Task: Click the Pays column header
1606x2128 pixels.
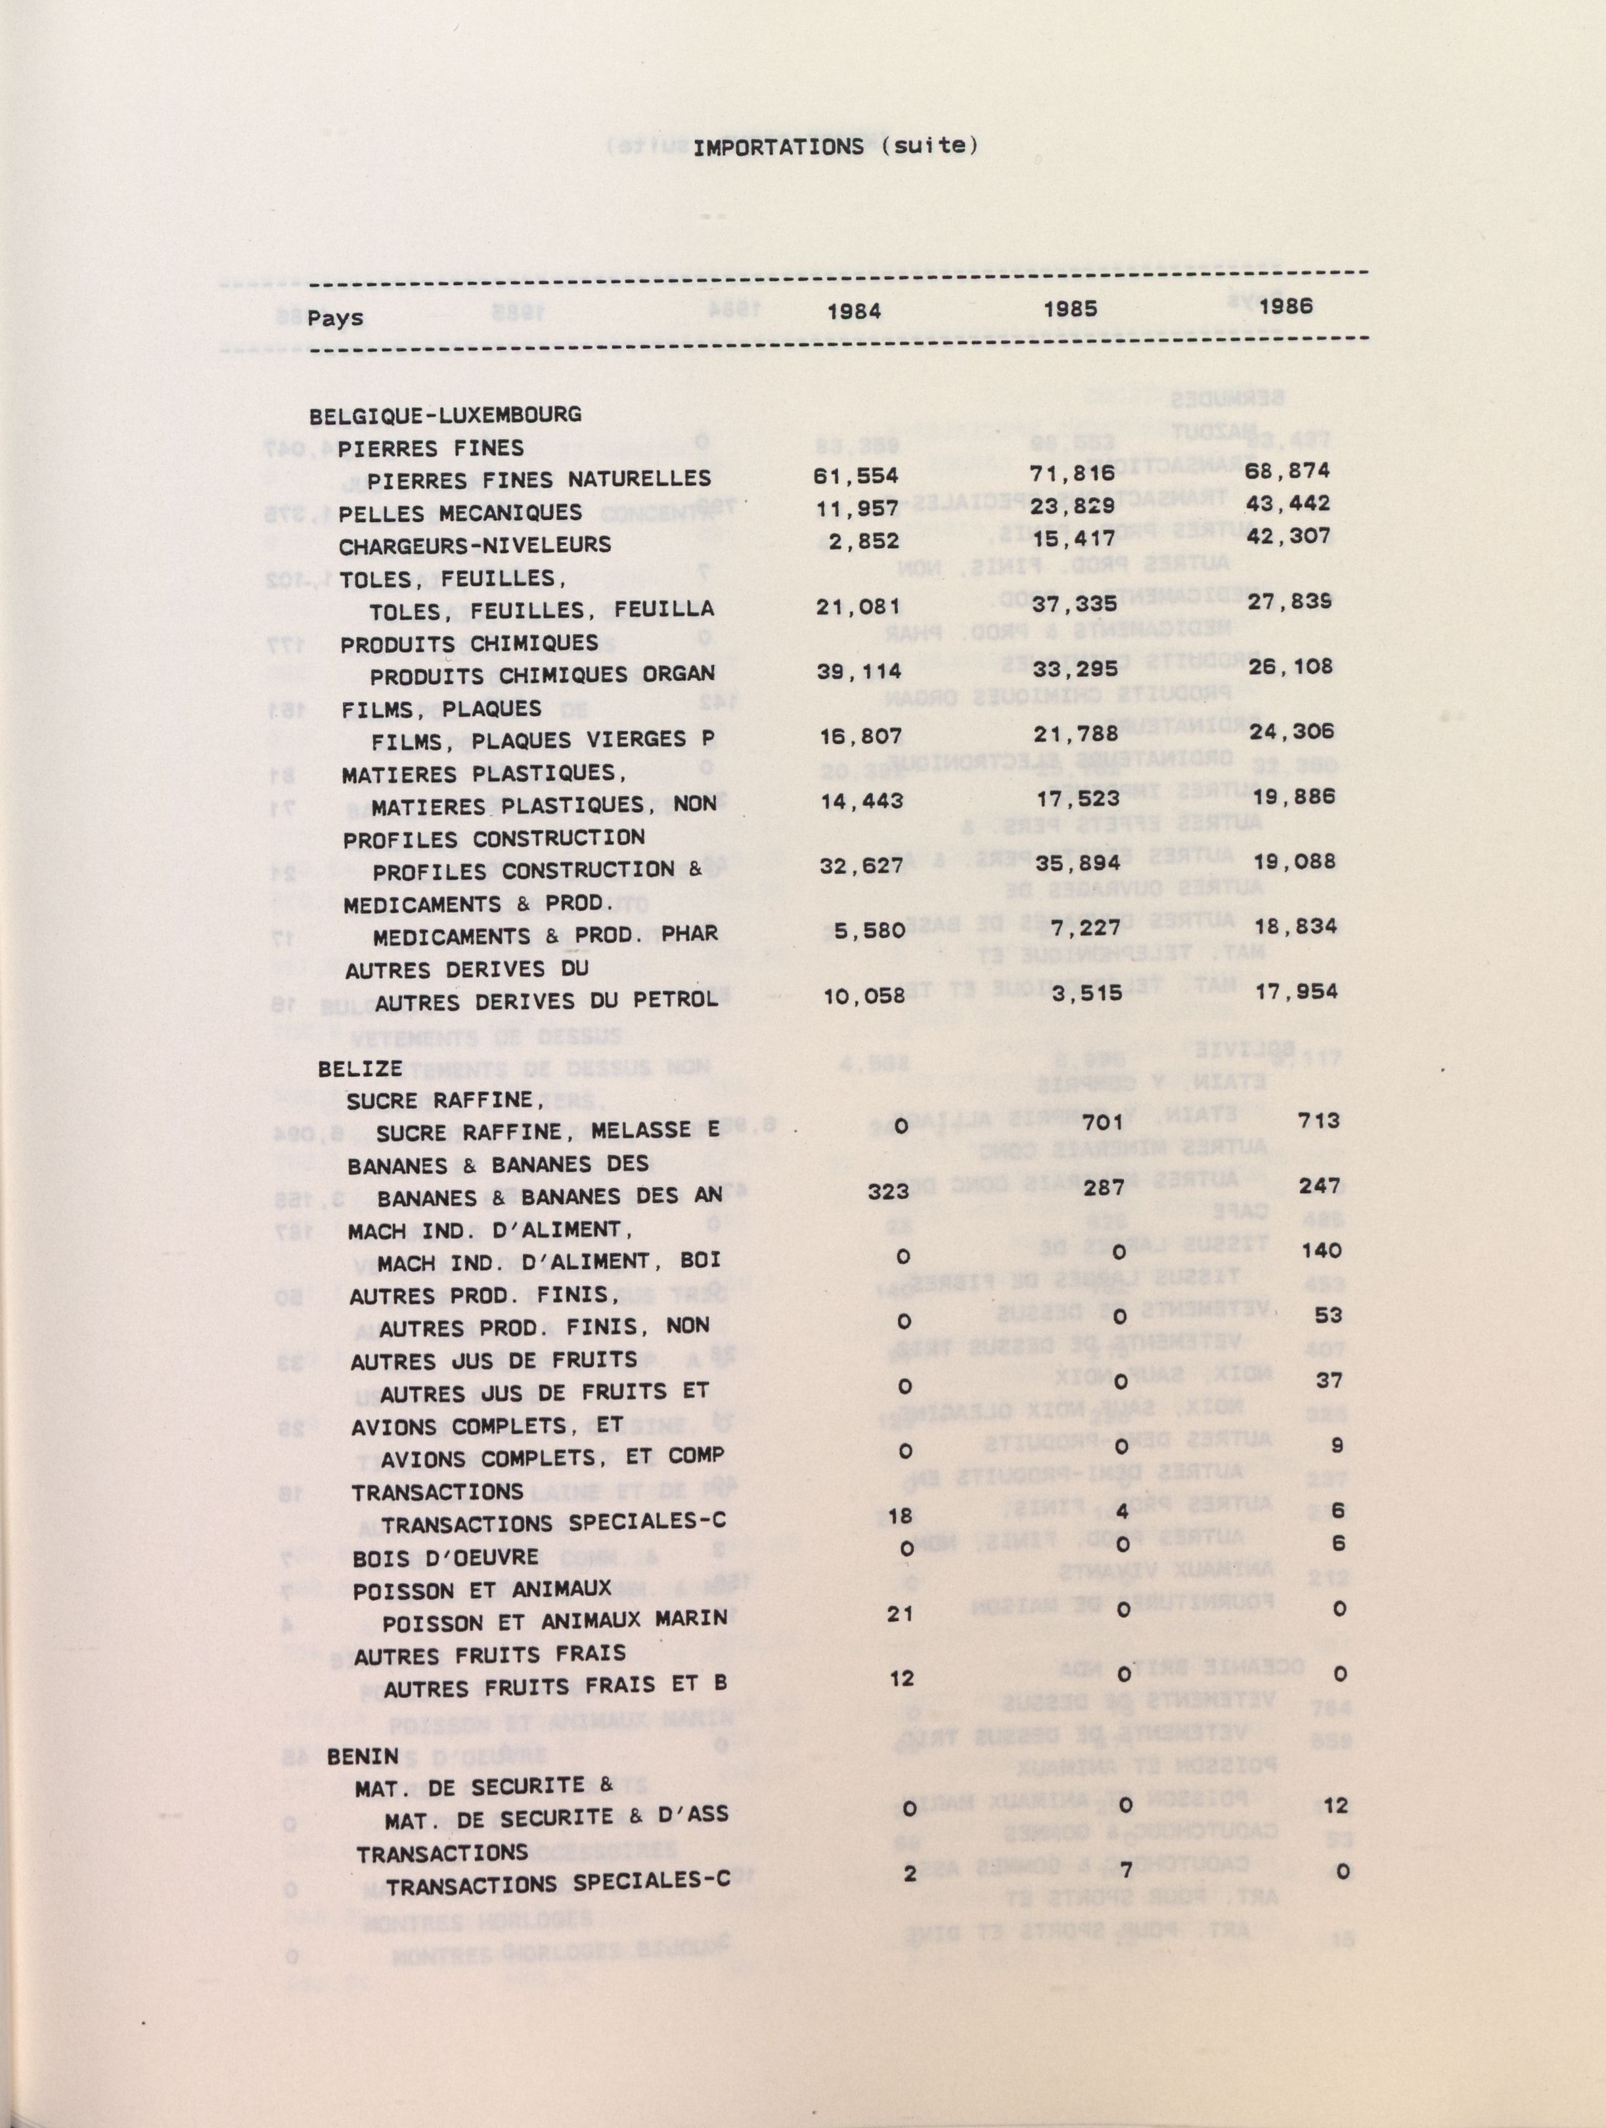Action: [x=336, y=318]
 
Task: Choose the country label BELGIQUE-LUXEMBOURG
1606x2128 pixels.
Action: [x=445, y=416]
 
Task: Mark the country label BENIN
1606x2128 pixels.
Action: [x=363, y=1756]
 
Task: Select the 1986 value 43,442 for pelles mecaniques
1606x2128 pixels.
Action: [x=1289, y=503]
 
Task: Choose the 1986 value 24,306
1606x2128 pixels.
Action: [x=1292, y=732]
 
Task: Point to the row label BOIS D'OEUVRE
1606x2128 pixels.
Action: [x=445, y=1557]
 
